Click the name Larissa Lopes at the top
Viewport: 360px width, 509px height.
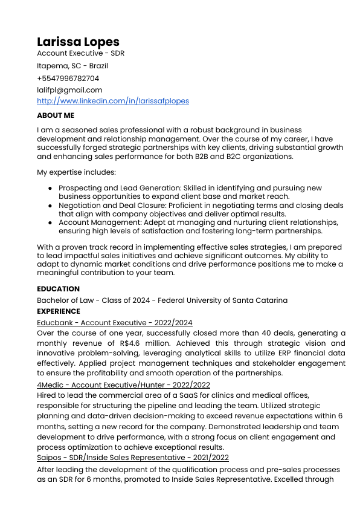(78, 42)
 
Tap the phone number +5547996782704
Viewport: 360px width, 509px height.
(68, 78)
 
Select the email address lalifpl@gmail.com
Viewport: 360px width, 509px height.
(69, 89)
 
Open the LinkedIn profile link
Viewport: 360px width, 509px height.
(112, 101)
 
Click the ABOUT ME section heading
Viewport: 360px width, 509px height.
(56, 115)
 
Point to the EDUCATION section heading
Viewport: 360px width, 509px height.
(58, 289)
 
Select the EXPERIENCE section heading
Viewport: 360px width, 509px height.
(59, 311)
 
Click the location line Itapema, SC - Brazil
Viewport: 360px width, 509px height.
(72, 66)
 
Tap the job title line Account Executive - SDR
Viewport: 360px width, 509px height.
(80, 53)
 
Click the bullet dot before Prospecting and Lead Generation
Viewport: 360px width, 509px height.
(50, 189)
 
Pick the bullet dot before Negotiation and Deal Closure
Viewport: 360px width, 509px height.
(50, 206)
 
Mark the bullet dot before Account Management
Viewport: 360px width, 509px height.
(50, 222)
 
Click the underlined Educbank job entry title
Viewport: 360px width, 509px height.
(114, 323)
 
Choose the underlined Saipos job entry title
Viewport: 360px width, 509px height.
(132, 458)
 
